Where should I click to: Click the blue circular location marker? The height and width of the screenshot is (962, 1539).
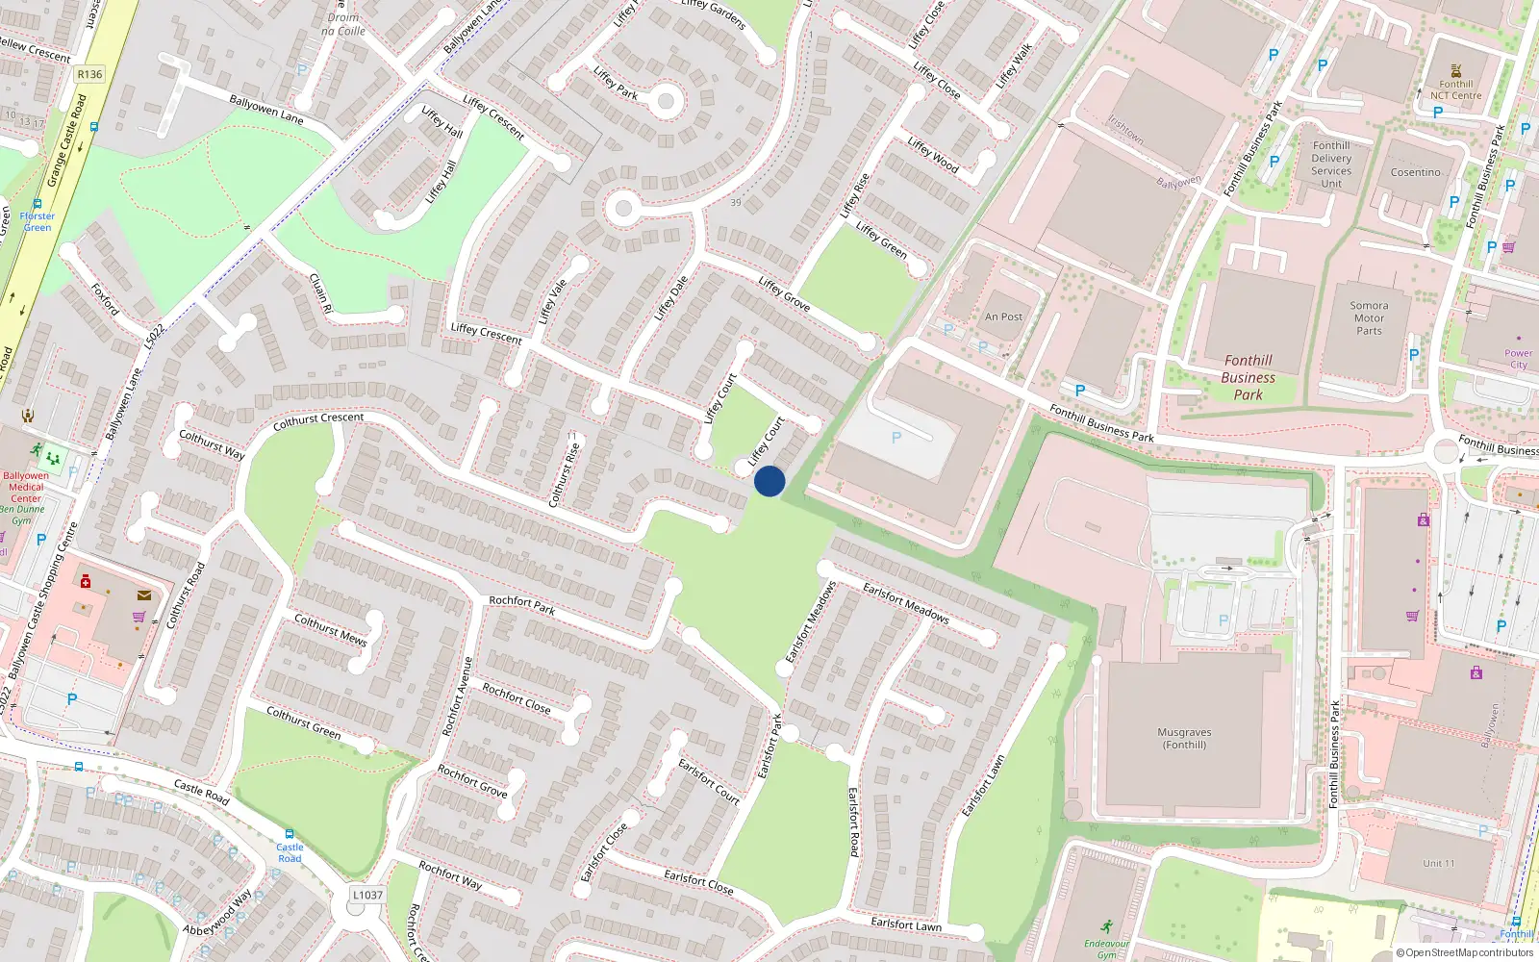(769, 481)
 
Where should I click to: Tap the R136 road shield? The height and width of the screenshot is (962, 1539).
(89, 74)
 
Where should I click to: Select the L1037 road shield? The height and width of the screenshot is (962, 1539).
(367, 895)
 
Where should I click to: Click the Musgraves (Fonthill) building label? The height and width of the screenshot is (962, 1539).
(1184, 739)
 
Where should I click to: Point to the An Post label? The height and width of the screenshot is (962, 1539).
(1003, 316)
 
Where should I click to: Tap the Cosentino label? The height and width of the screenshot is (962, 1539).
(1415, 173)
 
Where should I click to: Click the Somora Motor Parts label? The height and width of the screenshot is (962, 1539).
(1369, 318)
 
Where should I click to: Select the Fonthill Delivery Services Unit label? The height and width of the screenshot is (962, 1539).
(1331, 165)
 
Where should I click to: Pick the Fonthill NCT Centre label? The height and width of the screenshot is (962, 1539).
(1455, 89)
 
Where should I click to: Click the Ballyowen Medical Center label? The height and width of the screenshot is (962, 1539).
(26, 487)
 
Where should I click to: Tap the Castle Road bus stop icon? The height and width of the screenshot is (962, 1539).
(289, 834)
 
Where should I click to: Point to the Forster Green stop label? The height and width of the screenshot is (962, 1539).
(38, 221)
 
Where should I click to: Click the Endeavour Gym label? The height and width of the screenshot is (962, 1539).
(1106, 949)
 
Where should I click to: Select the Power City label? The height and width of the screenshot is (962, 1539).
(1518, 359)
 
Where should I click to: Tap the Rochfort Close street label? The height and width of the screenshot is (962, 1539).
(517, 698)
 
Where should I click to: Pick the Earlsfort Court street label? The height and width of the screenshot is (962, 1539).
(709, 781)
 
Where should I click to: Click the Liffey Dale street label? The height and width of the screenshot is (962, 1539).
(671, 298)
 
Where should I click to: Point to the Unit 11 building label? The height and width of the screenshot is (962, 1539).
(1439, 863)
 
